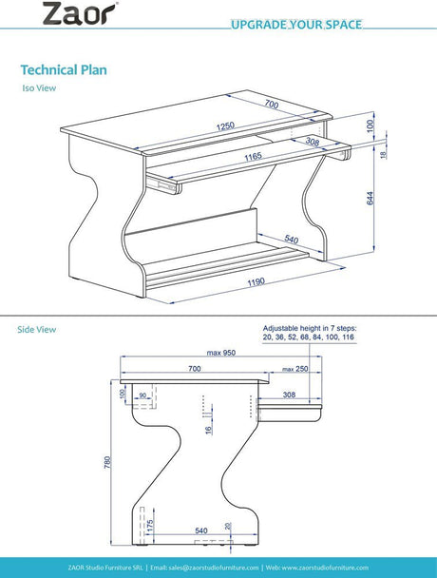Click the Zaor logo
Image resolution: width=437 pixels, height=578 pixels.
80,13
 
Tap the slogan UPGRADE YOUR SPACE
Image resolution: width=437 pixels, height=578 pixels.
296,25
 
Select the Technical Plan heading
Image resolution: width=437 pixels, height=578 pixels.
64,69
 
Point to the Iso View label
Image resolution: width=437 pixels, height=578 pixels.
39,88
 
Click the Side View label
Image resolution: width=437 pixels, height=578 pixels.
37,329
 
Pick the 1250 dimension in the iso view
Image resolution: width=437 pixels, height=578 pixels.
225,126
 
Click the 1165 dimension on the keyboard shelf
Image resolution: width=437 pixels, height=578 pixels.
254,157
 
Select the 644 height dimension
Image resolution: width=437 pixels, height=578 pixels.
370,198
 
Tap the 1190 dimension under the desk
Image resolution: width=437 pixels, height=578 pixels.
256,282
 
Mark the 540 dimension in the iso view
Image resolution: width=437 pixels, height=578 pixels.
291,240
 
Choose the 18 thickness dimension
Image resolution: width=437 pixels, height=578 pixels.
384,155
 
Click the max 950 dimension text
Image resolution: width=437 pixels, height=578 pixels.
221,353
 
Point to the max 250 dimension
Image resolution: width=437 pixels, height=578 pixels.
295,369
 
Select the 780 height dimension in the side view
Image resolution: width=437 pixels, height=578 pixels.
107,462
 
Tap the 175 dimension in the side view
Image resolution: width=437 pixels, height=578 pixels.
149,526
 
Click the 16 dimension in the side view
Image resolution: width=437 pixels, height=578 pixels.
209,430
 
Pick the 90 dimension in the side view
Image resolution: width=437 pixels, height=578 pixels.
142,395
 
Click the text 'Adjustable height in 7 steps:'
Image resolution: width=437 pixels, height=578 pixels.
310,328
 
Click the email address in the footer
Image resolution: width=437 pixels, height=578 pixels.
204,568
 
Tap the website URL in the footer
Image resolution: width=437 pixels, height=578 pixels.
317,568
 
